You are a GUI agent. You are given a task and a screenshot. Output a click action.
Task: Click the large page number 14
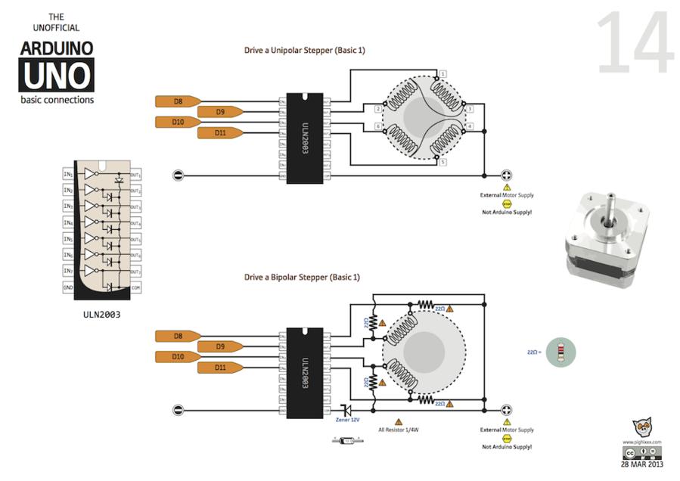tap(635, 44)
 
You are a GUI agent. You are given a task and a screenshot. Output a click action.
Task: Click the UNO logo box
tap(57, 76)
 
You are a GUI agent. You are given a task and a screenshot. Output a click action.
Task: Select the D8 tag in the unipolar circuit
tap(178, 101)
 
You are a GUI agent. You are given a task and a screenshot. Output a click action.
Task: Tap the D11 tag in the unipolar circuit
tap(220, 133)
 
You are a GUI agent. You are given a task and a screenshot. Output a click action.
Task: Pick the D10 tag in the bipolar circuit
tap(178, 356)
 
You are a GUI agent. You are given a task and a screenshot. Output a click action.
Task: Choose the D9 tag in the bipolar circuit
tap(220, 346)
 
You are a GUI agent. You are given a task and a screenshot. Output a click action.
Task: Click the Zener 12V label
tap(347, 420)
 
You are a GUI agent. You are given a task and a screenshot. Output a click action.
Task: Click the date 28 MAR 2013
tap(642, 464)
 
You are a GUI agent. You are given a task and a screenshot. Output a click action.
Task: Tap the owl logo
tap(642, 428)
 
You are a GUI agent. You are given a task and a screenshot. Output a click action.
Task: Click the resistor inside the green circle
tap(560, 352)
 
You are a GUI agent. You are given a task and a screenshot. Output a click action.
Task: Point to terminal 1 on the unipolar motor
tap(442, 73)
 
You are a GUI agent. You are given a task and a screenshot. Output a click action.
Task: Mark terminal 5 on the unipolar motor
tap(442, 163)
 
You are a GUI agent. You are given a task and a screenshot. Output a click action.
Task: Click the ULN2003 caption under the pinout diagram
tap(101, 314)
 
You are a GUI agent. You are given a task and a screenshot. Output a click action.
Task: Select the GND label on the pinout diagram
tap(67, 287)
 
